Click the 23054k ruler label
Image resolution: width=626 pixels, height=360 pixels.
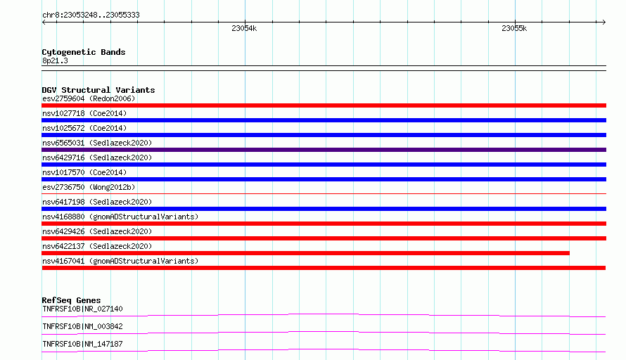(244, 28)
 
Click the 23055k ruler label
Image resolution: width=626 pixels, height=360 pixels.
(514, 28)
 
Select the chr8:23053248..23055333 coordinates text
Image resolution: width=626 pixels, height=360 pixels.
(91, 15)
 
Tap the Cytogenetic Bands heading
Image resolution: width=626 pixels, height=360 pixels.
(84, 52)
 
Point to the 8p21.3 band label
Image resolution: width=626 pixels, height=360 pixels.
(55, 60)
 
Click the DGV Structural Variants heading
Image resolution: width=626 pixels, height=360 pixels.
(98, 90)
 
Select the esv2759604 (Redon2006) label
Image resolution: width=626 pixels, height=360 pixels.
(89, 98)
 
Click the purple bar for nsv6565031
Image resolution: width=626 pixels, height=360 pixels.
(324, 150)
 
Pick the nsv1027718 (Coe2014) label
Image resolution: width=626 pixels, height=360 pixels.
(84, 113)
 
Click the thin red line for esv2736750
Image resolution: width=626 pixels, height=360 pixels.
(324, 194)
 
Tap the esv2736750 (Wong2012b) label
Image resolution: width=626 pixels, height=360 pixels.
(89, 187)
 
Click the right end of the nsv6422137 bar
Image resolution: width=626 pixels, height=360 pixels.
(569, 253)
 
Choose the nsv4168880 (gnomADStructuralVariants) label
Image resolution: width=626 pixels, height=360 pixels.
(120, 217)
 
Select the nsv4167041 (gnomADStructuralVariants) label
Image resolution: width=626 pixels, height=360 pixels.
(120, 261)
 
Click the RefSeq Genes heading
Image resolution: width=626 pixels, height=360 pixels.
(71, 300)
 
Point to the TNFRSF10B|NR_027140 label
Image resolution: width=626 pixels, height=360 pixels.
(82, 309)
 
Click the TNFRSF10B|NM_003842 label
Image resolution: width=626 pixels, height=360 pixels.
(82, 326)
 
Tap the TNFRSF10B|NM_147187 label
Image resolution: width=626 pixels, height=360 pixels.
(82, 344)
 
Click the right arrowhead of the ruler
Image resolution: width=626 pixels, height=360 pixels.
(605, 22)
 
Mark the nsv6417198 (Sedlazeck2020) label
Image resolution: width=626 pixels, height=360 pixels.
(97, 202)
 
